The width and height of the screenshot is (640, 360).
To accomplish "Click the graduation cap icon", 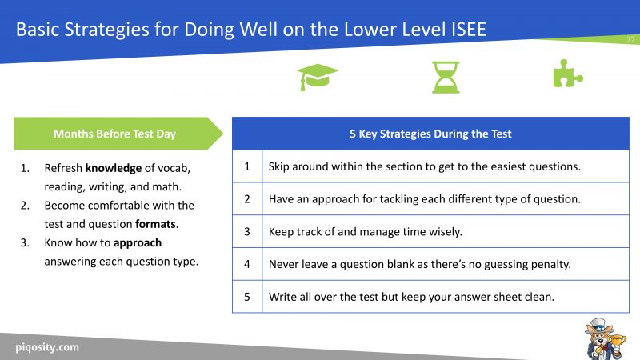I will (318, 78).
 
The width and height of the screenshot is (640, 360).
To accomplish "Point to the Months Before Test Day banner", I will (114, 134).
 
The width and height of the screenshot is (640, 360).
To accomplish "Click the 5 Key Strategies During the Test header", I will (430, 134).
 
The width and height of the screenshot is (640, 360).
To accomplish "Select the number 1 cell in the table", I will (247, 166).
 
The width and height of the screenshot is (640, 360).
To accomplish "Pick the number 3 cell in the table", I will (247, 232).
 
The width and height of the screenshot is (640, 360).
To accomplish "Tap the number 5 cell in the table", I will (247, 297).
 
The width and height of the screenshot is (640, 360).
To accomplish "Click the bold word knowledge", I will (112, 169).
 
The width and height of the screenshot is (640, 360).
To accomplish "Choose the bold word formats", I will (155, 224).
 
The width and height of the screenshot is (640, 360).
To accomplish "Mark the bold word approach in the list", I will (138, 242).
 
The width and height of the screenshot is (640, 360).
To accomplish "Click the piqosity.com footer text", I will (47, 347).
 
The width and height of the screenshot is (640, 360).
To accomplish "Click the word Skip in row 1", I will (280, 166).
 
